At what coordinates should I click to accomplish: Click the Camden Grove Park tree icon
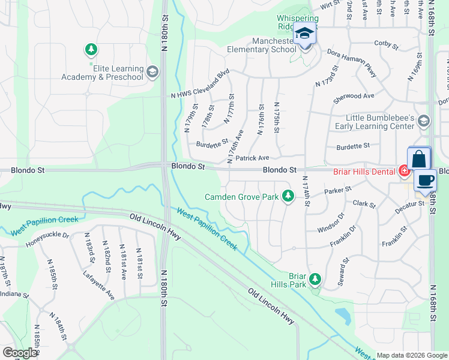pyautogui.click(x=289, y=196)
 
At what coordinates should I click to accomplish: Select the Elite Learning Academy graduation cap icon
pyautogui.click(x=152, y=73)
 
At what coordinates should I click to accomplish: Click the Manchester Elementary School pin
pyautogui.click(x=305, y=34)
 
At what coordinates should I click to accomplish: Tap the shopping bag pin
pyautogui.click(x=419, y=160)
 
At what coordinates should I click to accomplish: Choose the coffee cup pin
pyautogui.click(x=425, y=181)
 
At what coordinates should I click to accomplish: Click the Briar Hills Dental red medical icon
pyautogui.click(x=404, y=172)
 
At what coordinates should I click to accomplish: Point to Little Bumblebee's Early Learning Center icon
pyautogui.click(x=424, y=122)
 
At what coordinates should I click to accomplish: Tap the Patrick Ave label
pyautogui.click(x=252, y=158)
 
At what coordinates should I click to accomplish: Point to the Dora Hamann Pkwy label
pyautogui.click(x=352, y=63)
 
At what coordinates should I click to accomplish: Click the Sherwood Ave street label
pyautogui.click(x=354, y=96)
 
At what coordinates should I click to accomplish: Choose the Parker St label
pyautogui.click(x=337, y=191)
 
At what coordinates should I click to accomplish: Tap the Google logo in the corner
pyautogui.click(x=19, y=352)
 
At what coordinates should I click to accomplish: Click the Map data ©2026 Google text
pyautogui.click(x=411, y=355)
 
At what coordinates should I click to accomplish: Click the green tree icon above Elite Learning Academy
pyautogui.click(x=91, y=49)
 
